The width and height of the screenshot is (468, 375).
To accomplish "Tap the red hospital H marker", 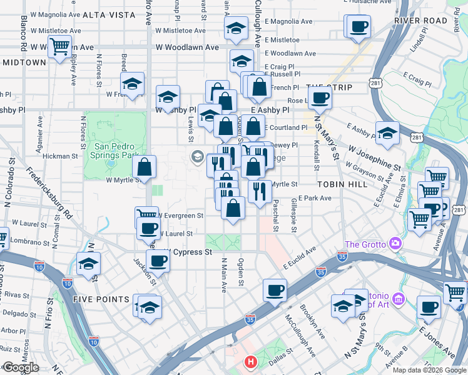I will tap(251, 361).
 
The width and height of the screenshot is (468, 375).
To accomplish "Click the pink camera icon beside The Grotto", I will tap(395, 242).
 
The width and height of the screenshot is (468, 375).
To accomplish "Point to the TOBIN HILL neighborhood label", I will tap(340, 184).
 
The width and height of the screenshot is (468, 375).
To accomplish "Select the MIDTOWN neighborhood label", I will tap(24, 62).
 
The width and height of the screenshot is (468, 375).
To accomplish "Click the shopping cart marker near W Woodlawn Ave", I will tap(60, 46).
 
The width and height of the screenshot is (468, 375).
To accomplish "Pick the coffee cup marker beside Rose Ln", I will tap(320, 98).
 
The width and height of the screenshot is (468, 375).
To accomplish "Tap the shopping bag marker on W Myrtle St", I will tap(145, 167).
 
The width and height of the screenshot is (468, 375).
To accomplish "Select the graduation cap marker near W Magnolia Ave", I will tap(235, 28).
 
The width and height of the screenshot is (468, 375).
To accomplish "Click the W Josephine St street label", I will tap(375, 159).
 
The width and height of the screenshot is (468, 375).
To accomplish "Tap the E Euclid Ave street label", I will tap(299, 258).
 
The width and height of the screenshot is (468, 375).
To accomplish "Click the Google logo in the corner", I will tap(21, 368).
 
